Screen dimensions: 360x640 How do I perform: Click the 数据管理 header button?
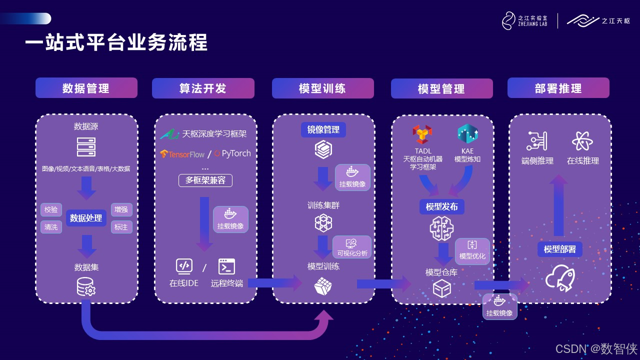[x=86, y=88]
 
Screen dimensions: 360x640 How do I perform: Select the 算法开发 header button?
[x=203, y=88]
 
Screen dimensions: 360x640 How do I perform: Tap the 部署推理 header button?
[x=558, y=88]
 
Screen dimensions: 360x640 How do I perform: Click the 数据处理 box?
[x=86, y=218]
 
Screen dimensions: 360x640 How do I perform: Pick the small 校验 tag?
[x=51, y=209]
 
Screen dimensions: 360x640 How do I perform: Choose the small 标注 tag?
[x=121, y=227]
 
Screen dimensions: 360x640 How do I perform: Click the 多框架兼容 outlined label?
[x=205, y=180]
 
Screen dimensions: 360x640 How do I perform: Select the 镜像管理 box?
[x=323, y=129]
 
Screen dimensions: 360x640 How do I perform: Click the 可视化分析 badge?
[x=352, y=247]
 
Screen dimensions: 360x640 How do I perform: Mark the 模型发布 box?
[x=441, y=206]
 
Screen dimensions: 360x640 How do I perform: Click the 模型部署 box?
[x=559, y=249]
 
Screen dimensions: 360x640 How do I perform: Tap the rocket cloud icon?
[x=560, y=278]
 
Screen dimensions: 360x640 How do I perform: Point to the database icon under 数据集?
[x=86, y=286]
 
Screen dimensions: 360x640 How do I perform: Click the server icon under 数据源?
[x=86, y=147]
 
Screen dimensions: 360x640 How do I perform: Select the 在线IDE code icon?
[x=184, y=266]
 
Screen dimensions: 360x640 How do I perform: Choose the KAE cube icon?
[x=467, y=134]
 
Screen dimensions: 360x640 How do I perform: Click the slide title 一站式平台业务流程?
[x=116, y=43]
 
